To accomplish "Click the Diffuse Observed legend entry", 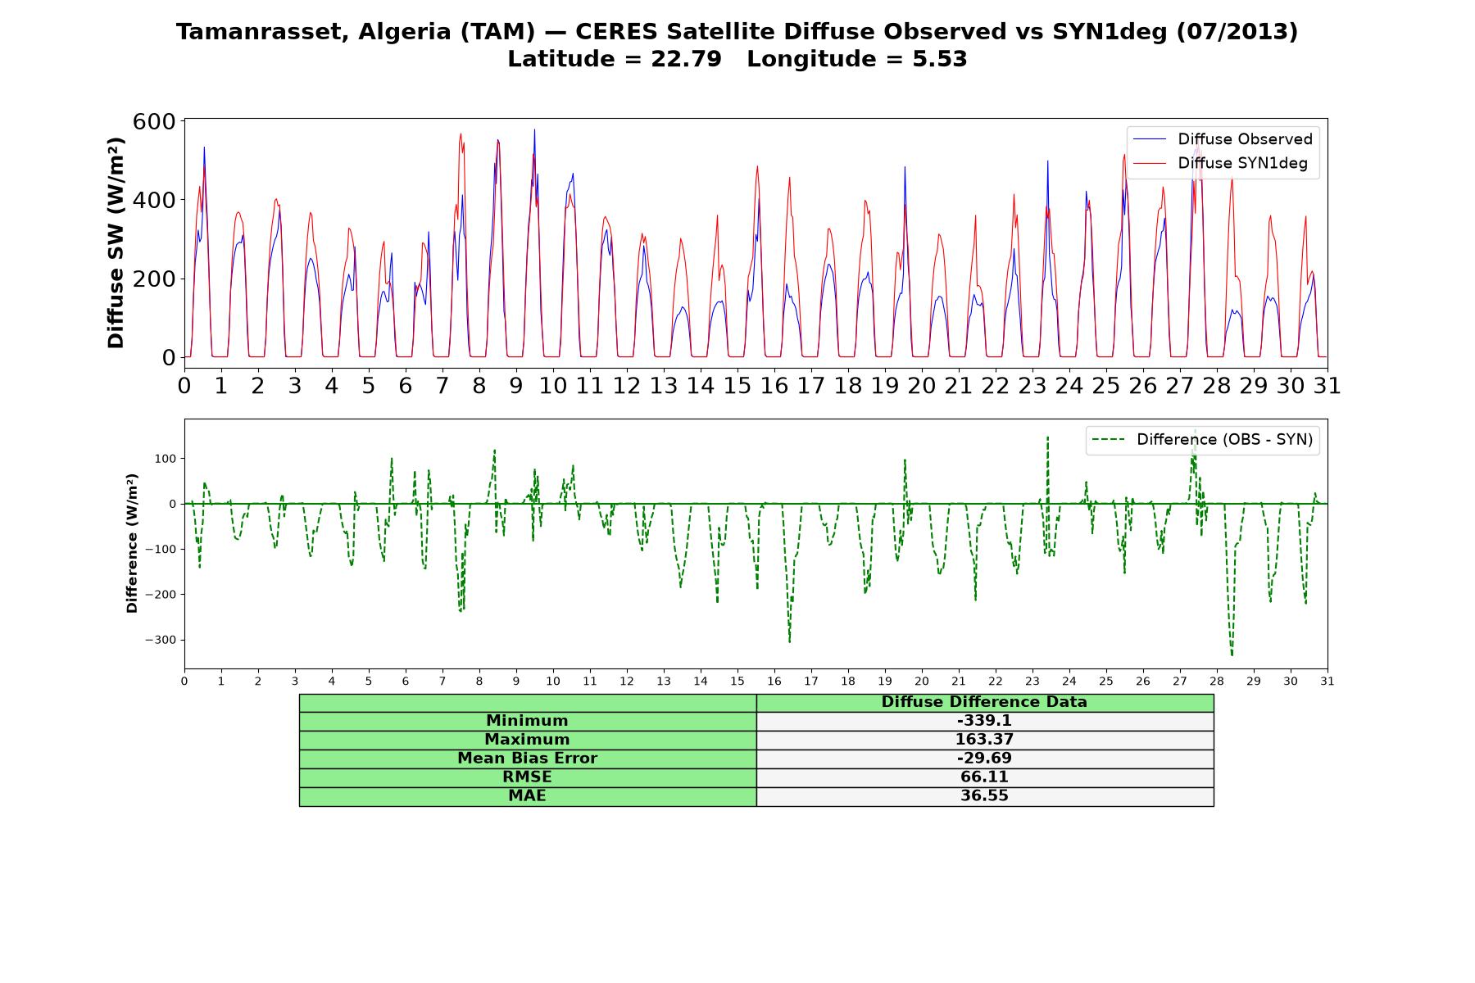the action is point(1223,139).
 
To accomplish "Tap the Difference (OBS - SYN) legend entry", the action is point(1202,440).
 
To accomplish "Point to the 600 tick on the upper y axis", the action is point(154,121).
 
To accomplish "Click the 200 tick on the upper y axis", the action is point(154,279).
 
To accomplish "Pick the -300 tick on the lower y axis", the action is point(161,640).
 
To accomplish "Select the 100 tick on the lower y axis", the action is point(166,459).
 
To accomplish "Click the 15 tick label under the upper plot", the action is point(737,385).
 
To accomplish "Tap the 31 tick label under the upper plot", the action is point(1327,385).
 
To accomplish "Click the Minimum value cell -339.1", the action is point(984,721).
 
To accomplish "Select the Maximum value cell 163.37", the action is point(984,740).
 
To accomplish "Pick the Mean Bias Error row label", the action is point(527,759).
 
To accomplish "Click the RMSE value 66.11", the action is point(984,777).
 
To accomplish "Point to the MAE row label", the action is point(527,796).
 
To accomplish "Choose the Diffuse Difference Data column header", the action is point(984,702).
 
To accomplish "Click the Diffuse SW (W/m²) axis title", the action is point(116,243).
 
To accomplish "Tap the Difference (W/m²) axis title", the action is point(132,543).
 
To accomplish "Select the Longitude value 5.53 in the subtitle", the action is point(940,59).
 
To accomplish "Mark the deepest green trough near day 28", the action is point(1232,655).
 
